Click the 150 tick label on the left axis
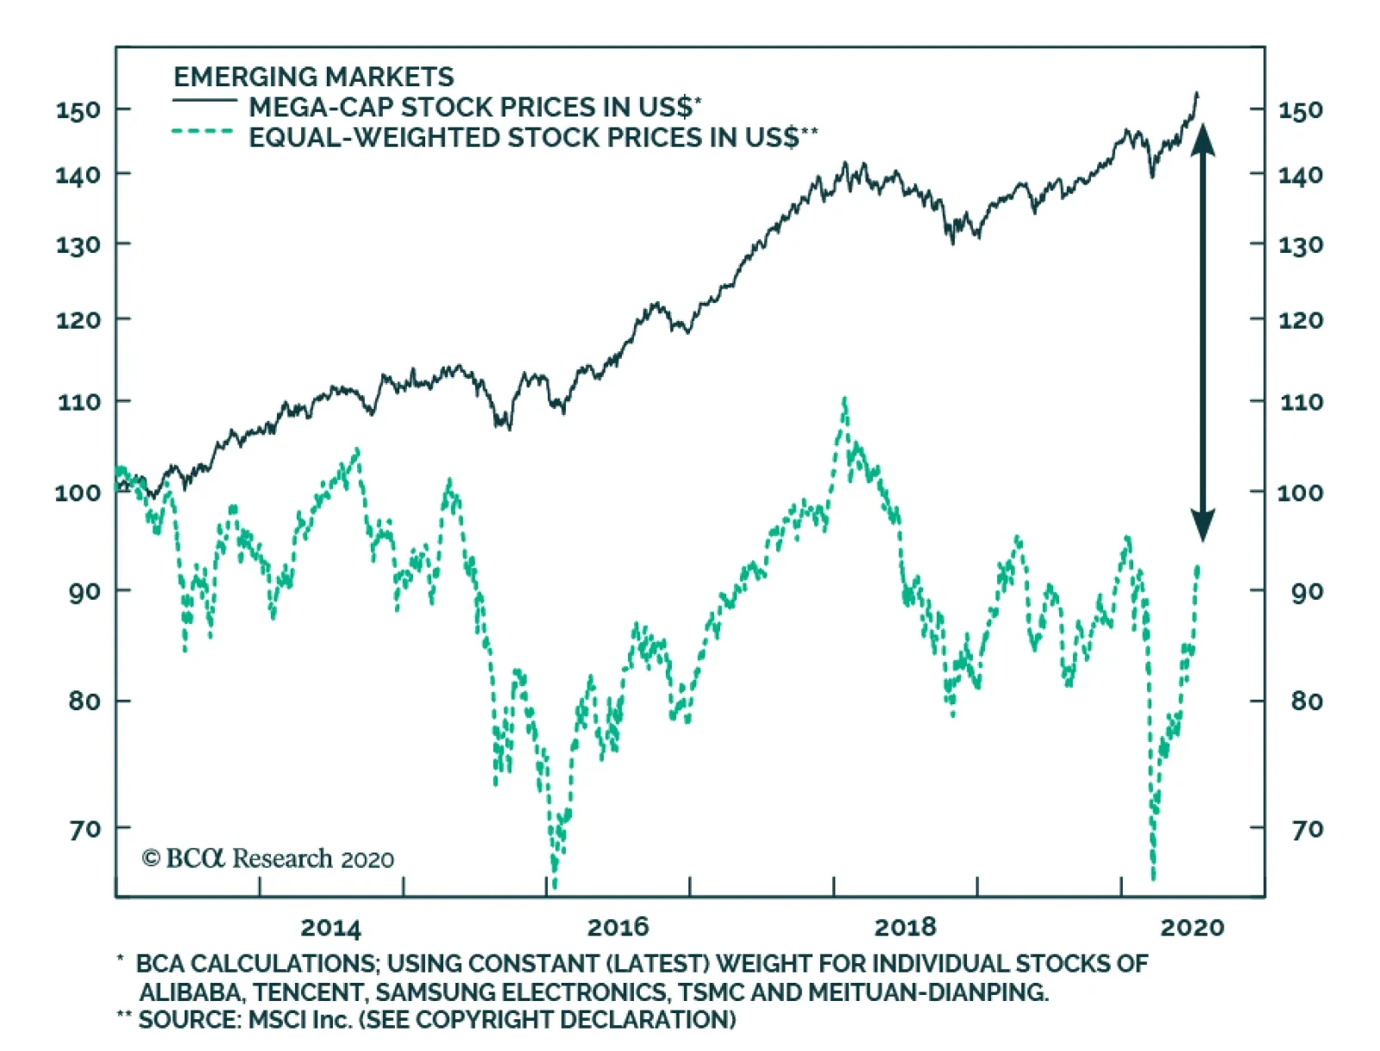pyautogui.click(x=78, y=110)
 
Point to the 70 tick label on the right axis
pyautogui.click(x=1307, y=829)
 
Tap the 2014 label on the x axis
pyautogui.click(x=330, y=928)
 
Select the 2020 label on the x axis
pyautogui.click(x=1192, y=928)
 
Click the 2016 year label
pyautogui.click(x=618, y=928)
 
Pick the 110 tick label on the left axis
pyautogui.click(x=78, y=402)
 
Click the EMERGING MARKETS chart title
pyautogui.click(x=314, y=78)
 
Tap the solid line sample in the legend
pyautogui.click(x=204, y=102)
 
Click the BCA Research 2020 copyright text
pyautogui.click(x=267, y=859)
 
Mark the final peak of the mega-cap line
pyautogui.click(x=1196, y=93)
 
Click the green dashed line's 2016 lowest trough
pyautogui.click(x=554, y=884)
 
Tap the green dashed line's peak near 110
pyautogui.click(x=844, y=400)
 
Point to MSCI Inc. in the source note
pyautogui.click(x=299, y=1020)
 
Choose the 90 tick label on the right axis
pyautogui.click(x=1307, y=592)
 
